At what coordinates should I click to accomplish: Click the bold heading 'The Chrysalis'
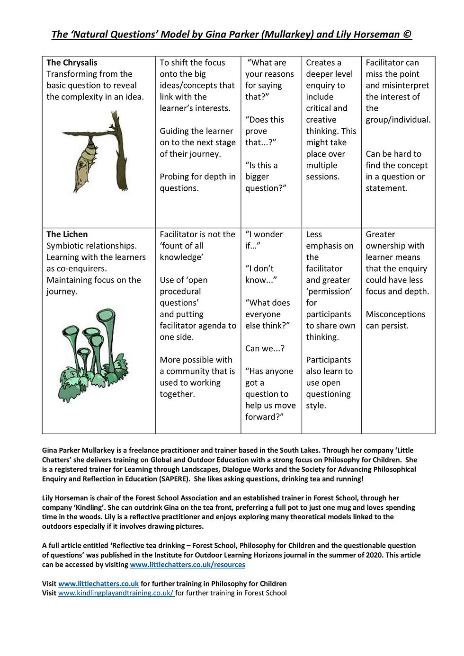(x=72, y=62)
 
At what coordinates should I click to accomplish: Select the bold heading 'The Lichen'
(x=67, y=234)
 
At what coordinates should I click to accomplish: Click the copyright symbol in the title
(x=407, y=35)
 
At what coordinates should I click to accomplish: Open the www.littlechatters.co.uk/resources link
(x=187, y=565)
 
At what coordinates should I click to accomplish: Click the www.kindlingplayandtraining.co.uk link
(x=116, y=593)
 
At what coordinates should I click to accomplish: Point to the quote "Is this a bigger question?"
(x=266, y=177)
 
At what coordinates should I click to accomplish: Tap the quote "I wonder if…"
(x=264, y=240)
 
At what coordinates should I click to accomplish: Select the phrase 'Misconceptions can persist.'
(x=395, y=320)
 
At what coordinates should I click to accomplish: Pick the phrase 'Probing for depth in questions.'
(x=197, y=182)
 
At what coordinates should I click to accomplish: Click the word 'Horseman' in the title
(x=376, y=35)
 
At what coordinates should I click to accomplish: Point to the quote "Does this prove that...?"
(x=264, y=131)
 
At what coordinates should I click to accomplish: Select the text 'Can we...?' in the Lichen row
(x=265, y=348)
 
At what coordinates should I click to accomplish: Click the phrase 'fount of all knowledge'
(x=182, y=251)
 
